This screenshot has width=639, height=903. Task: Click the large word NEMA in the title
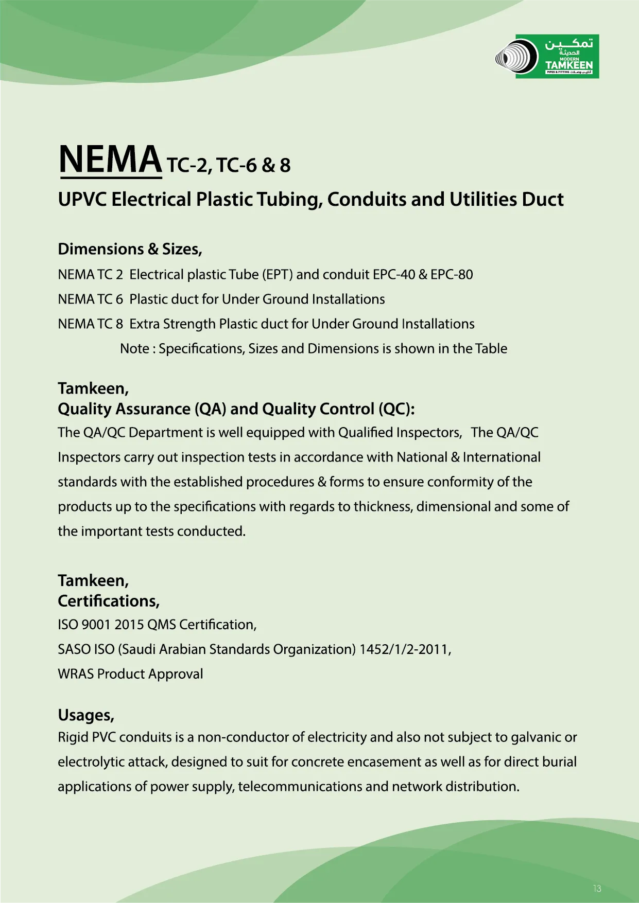[110, 160]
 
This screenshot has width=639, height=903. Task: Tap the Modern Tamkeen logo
[547, 57]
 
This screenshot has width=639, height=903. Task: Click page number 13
[597, 889]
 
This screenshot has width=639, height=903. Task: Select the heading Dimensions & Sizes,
[130, 249]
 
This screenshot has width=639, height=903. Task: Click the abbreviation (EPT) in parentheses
[278, 275]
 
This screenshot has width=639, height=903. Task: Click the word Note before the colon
[134, 349]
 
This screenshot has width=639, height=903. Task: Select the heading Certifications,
[109, 601]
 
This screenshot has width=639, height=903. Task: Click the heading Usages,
[86, 715]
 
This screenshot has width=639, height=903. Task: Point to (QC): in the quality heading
[396, 409]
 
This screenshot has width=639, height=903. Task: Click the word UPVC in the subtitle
[82, 200]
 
